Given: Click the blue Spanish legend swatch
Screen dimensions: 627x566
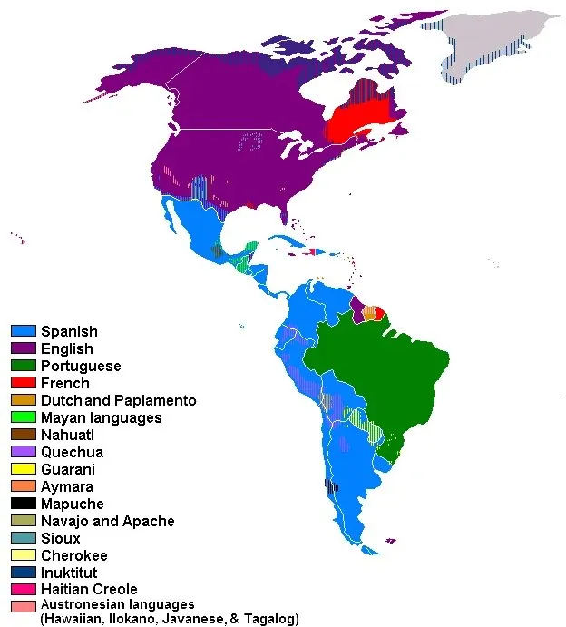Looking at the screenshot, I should tap(23, 331).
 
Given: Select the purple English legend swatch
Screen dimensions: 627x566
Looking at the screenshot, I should tap(23, 348).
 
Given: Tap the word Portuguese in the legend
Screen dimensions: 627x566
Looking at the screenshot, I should tap(81, 366).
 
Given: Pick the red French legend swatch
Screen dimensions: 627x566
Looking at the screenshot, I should tap(23, 383).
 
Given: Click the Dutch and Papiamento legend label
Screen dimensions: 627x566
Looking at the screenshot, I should tap(118, 400).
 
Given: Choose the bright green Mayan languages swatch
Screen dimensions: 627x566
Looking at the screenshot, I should tap(23, 417).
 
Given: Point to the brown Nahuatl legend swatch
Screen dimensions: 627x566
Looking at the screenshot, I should tap(23, 435).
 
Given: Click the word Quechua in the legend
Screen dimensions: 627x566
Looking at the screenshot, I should tap(72, 452).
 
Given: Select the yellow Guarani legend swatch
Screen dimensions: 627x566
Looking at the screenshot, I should tap(23, 469).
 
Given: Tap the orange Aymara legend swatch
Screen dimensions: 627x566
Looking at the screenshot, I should tap(23, 486).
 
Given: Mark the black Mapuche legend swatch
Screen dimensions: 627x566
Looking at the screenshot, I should tap(23, 504).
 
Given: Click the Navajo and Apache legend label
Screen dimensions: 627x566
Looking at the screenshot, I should tap(107, 521).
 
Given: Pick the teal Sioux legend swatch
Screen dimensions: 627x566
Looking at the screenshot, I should tap(23, 538).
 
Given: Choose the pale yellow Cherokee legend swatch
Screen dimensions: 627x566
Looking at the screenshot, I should tap(23, 555).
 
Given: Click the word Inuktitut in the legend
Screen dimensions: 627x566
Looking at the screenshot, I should tap(69, 573).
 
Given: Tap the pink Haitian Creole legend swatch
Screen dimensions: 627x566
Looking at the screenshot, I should tap(23, 590).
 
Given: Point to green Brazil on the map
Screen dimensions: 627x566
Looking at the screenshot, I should tap(399, 363).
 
